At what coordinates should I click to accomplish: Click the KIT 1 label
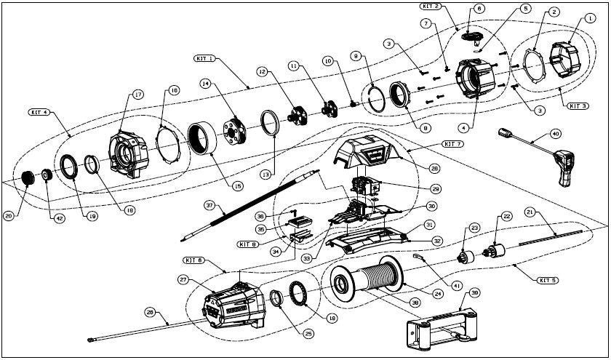coord(204,58)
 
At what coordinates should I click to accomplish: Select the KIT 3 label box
coord(578,105)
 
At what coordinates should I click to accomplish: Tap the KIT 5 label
coord(548,279)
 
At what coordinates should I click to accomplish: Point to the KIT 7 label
coord(452,144)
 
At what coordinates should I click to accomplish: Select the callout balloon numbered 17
coord(137,95)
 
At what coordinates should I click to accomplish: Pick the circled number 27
coord(183,279)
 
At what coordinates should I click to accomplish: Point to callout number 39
coord(475,292)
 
